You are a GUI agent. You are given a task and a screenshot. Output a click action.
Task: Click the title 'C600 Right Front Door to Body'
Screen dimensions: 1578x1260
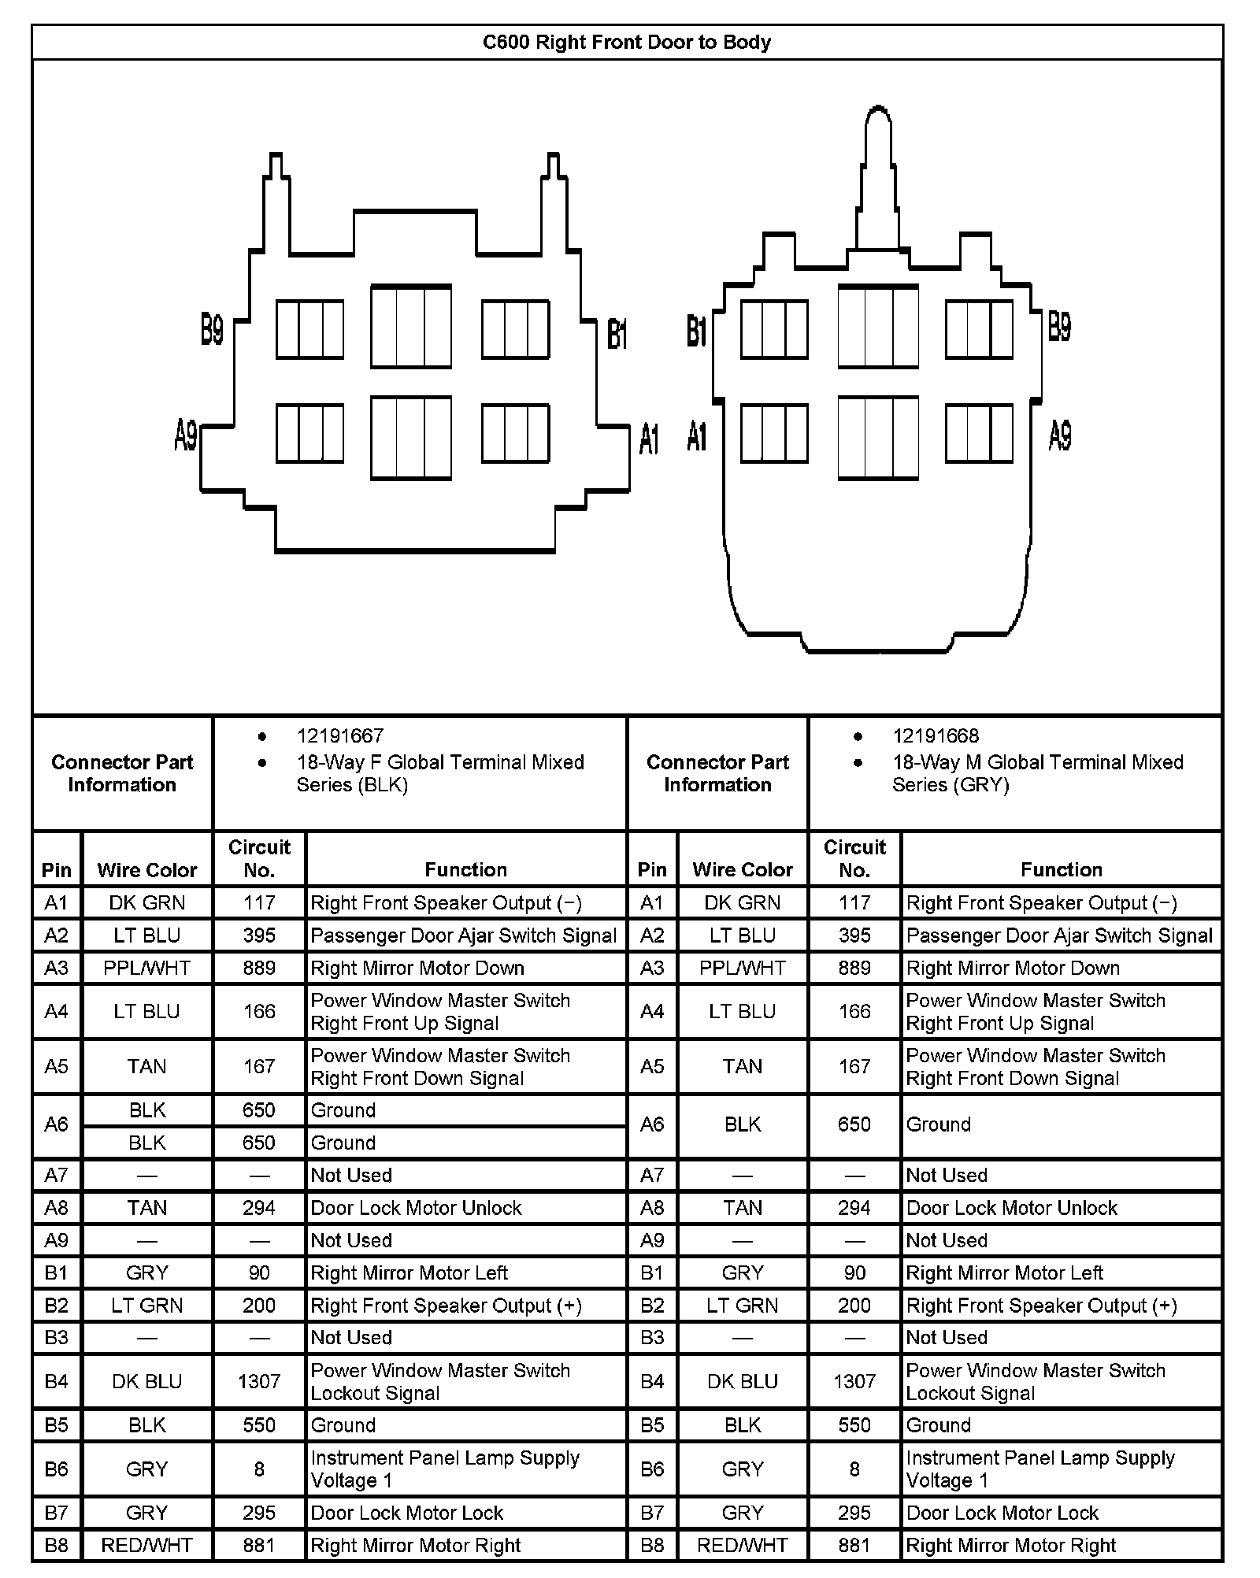(x=626, y=43)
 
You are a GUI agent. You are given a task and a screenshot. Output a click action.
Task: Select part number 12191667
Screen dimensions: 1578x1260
(x=339, y=736)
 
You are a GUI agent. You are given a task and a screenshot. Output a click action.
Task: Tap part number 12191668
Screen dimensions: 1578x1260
(x=935, y=736)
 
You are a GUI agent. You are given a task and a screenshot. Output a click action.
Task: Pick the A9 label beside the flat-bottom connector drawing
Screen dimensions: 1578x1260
(x=186, y=435)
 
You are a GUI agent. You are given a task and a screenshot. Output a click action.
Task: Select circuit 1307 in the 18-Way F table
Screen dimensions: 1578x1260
(x=259, y=1381)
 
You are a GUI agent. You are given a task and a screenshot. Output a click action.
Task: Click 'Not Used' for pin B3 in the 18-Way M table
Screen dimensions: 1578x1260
(x=946, y=1337)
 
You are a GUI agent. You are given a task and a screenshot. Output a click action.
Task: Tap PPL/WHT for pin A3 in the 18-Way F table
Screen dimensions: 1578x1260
(x=146, y=968)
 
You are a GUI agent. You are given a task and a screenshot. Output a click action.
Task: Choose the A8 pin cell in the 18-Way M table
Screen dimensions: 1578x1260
(x=652, y=1208)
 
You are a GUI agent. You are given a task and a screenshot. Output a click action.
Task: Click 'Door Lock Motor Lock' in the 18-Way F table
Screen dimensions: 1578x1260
(x=406, y=1513)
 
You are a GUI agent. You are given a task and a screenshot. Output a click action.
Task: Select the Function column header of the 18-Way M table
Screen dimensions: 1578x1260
(x=1061, y=869)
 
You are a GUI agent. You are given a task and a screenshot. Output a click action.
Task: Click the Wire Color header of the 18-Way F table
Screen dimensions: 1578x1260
(x=146, y=869)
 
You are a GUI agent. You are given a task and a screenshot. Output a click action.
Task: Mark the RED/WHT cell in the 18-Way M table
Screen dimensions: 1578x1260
(x=742, y=1545)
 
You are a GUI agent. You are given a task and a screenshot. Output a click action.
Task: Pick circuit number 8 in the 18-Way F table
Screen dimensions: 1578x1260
(x=259, y=1469)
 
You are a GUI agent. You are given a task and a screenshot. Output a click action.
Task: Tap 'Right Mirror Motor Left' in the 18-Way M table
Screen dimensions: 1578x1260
(x=1004, y=1272)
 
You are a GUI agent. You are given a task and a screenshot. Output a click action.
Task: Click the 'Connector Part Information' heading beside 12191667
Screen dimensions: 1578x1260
(x=122, y=773)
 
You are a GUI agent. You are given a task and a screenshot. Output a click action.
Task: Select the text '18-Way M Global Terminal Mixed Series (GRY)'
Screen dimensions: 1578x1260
(x=1037, y=773)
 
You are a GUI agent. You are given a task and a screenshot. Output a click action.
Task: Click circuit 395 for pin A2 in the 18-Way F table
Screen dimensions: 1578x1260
(x=259, y=935)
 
